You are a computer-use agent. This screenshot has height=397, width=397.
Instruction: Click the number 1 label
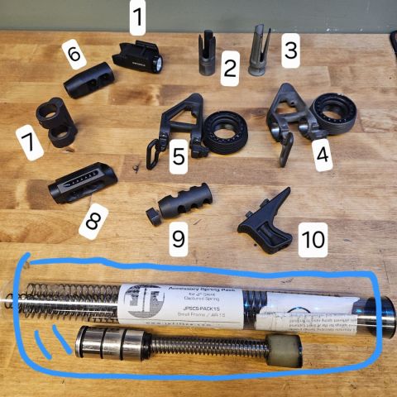pyautogui.click(x=139, y=15)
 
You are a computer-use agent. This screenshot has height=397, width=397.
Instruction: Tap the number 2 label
pyautogui.click(x=229, y=70)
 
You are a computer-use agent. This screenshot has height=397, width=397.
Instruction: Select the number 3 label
pyautogui.click(x=289, y=50)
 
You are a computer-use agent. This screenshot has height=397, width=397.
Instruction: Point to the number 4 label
pyautogui.click(x=322, y=154)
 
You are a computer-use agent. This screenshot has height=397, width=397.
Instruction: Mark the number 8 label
pyautogui.click(x=93, y=221)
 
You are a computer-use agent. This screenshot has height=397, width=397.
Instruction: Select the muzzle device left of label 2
pyautogui.click(x=206, y=55)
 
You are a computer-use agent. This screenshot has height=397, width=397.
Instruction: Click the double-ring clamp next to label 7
pyautogui.click(x=55, y=122)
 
